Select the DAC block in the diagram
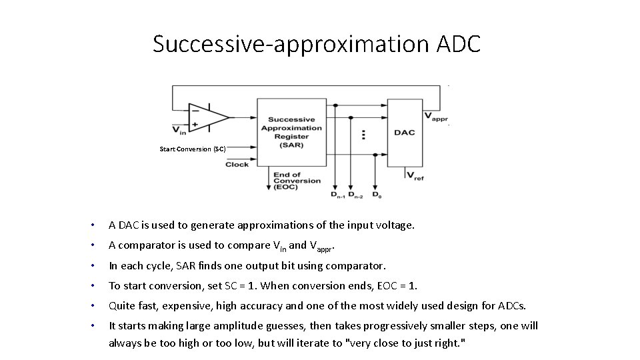[x=404, y=132]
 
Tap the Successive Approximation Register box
[x=291, y=132]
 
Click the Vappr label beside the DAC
[x=437, y=117]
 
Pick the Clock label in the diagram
[x=237, y=164]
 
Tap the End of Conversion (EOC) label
[x=297, y=181]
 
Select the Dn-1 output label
[x=338, y=195]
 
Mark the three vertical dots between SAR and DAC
[x=363, y=135]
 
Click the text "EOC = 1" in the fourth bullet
[x=400, y=285]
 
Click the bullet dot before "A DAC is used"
[x=97, y=225]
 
